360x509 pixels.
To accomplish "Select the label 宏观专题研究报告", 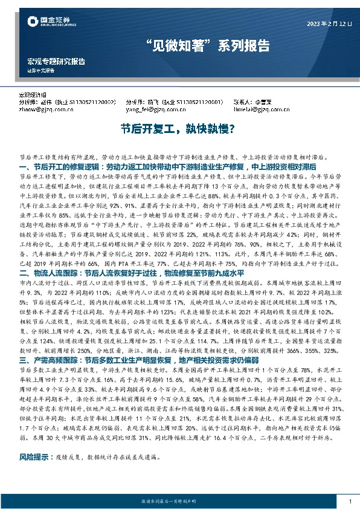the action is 57,61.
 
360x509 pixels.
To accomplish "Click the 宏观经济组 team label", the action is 36,96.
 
